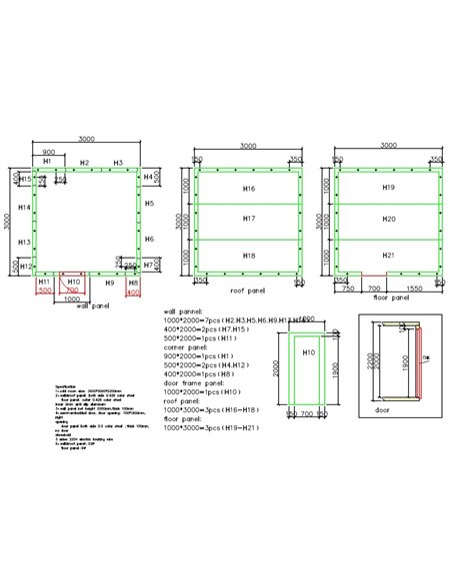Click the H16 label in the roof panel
point(249,188)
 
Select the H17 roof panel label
point(249,217)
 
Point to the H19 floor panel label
point(389,188)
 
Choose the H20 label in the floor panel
point(389,218)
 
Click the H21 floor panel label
point(389,256)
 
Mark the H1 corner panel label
point(47,161)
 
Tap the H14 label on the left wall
point(25,208)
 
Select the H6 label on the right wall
point(149,240)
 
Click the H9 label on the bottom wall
point(111,283)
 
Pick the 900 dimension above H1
point(47,151)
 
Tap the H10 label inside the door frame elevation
point(309,351)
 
